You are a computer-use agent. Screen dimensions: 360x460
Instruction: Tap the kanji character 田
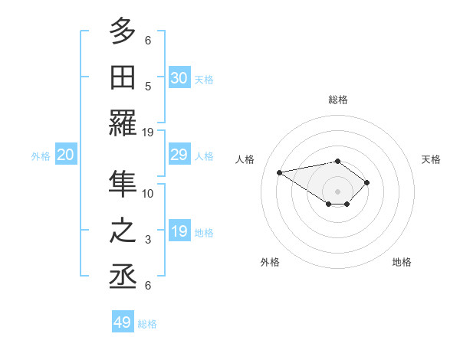point(123,78)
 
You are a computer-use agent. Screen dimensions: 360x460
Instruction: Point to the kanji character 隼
point(123,185)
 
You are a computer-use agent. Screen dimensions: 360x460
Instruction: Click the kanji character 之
point(123,232)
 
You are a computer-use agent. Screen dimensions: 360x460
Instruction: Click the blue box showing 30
point(179,77)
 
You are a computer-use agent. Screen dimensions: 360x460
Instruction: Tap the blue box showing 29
point(179,155)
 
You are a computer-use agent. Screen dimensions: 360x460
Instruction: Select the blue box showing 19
point(179,232)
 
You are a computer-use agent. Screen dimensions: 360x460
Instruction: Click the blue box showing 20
point(66,155)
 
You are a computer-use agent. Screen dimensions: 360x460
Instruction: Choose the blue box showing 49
point(123,322)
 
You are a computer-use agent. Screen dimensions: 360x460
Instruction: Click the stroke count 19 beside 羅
point(148,132)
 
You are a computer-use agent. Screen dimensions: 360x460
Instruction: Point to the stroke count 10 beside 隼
point(148,193)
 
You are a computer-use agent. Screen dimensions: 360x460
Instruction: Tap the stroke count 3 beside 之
point(148,240)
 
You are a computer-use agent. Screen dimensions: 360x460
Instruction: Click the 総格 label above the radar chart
point(338,100)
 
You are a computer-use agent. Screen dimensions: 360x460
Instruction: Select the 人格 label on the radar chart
point(245,159)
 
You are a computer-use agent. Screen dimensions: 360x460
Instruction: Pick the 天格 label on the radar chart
point(432,159)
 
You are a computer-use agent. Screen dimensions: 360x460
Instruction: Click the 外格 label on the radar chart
point(270,262)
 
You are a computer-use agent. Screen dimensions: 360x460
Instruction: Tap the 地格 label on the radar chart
point(402,262)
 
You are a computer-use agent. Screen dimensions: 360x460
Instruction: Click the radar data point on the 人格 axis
point(280,172)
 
